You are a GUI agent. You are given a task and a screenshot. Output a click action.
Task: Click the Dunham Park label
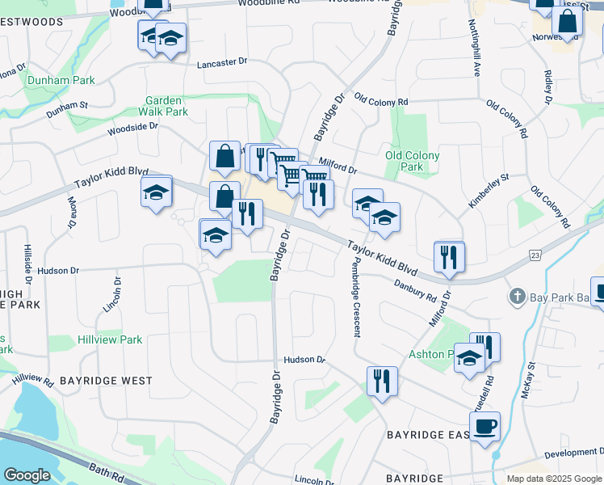click(61, 80)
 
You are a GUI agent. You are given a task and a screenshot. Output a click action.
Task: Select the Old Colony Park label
click(412, 161)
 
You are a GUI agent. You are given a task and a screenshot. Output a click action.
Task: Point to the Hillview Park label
click(110, 340)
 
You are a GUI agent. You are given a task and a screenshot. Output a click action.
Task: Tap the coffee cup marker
click(484, 426)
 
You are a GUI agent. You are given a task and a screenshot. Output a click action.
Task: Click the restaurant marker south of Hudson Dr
click(381, 381)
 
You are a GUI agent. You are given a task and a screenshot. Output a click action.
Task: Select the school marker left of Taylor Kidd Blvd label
click(157, 192)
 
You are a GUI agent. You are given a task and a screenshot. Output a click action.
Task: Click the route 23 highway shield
click(535, 255)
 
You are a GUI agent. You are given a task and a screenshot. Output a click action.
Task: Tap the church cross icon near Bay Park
click(518, 297)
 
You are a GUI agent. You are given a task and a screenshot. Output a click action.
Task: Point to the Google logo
click(27, 475)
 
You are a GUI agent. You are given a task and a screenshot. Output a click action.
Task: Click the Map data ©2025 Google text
click(554, 479)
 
